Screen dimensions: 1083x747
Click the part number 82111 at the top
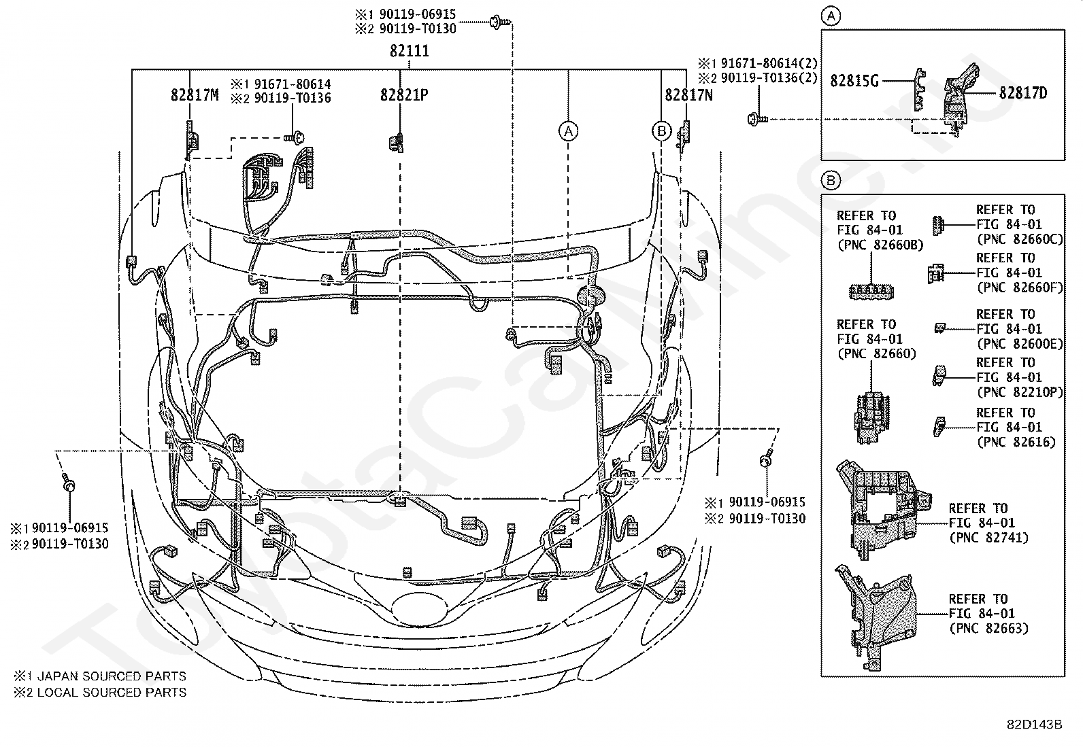(410, 51)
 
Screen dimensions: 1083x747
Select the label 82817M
(195, 94)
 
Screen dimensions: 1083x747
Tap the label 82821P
(404, 94)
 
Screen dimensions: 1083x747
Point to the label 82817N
(689, 94)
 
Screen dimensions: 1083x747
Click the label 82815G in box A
(854, 81)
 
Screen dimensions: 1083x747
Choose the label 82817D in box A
(1023, 92)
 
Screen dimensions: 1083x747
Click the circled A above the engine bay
(569, 131)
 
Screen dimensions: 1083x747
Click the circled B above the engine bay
(662, 131)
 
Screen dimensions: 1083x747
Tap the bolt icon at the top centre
(500, 22)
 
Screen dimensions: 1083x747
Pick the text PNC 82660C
(1020, 239)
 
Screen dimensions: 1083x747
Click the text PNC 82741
(988, 538)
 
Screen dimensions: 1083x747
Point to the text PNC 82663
(988, 628)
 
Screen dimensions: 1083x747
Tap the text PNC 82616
(1016, 442)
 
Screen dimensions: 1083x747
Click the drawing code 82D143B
(1034, 725)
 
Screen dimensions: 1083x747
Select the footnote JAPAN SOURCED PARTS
(112, 676)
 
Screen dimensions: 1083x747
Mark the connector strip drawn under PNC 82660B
(871, 292)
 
